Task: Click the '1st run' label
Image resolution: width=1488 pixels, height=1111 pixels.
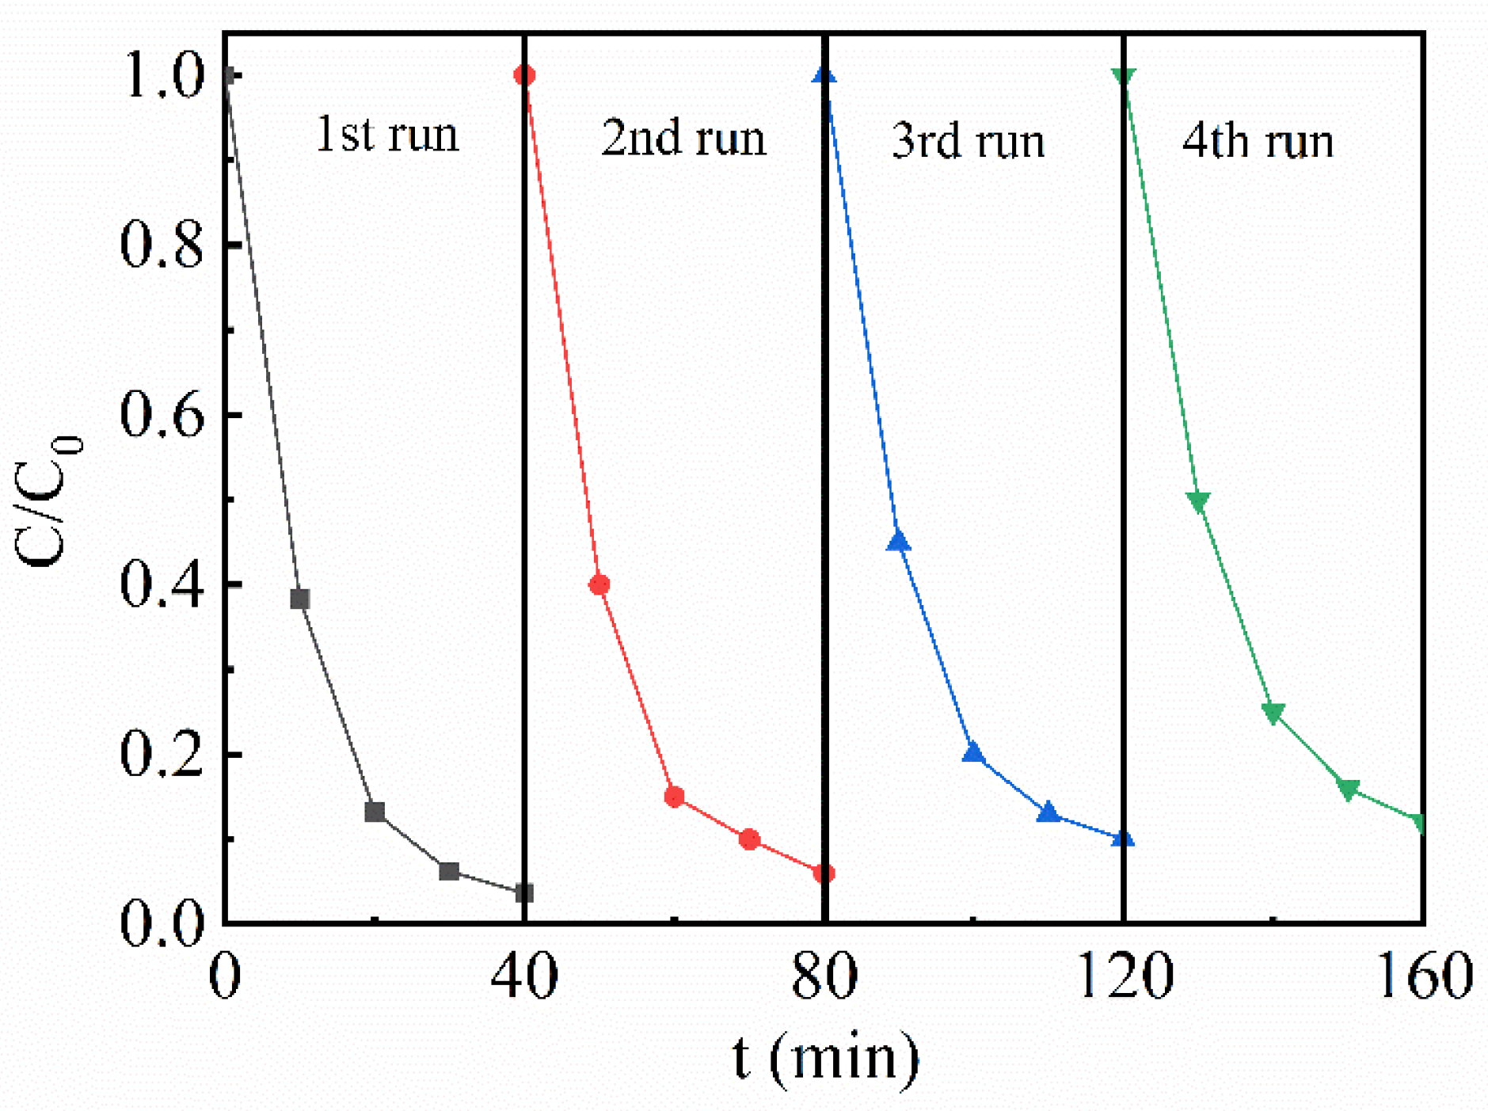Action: point(387,134)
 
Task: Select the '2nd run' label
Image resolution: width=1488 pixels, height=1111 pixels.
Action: point(683,138)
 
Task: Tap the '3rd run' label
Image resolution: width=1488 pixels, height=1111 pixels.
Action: point(968,141)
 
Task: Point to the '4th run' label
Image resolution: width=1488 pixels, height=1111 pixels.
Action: point(1258,141)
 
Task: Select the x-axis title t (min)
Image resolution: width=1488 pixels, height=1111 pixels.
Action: point(826,1057)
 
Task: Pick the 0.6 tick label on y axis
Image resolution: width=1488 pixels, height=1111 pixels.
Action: point(162,415)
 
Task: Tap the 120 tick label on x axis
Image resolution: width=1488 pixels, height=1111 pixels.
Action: point(1124,976)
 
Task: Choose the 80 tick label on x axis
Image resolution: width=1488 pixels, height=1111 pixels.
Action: point(824,976)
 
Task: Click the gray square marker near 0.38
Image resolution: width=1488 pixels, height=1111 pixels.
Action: point(299,599)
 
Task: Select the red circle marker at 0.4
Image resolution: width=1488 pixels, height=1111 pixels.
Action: point(599,584)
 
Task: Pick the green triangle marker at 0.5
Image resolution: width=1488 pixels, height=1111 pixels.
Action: point(1198,500)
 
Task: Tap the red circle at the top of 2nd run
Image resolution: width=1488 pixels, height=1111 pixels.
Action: point(524,75)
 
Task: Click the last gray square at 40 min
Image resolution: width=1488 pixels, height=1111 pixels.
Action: point(523,893)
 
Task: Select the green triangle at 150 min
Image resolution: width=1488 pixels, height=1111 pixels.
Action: point(1348,788)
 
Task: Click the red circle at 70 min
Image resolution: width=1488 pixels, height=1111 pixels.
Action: point(749,839)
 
